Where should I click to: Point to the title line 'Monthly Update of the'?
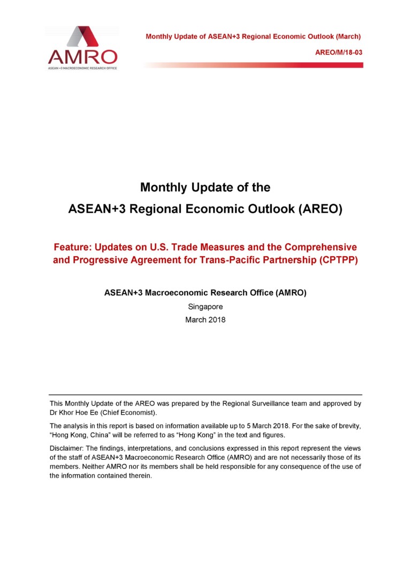tap(205, 188)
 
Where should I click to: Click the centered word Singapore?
tap(205, 307)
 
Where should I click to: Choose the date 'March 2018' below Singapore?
tap(205, 320)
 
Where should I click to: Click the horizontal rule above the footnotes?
tap(205, 395)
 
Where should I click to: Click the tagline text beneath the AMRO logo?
tap(82, 68)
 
